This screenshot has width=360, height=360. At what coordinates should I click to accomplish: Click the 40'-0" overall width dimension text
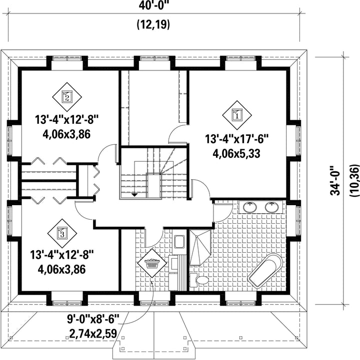pos(154,5)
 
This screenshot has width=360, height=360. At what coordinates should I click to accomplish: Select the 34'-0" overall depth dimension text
pos(335,180)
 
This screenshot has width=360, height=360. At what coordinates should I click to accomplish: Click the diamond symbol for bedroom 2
pos(67,97)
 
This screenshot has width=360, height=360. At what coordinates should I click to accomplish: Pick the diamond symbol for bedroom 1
pos(237,115)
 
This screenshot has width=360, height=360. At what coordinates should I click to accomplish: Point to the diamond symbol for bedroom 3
pos(62,233)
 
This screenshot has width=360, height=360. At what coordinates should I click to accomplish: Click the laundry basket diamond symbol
pos(152,263)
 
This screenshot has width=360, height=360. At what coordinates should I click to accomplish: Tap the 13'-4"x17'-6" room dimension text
pos(237,139)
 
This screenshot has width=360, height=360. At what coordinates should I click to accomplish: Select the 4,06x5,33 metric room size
pos(236,153)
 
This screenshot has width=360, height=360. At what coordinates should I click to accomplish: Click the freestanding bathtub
pos(264,270)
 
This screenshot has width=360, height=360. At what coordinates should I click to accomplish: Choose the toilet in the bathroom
pos(199,280)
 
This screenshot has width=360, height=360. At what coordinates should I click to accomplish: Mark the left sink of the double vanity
pos(250,207)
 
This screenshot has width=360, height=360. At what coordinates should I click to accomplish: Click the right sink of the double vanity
pos(271,207)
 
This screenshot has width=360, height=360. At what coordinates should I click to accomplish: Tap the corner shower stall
pos(200,248)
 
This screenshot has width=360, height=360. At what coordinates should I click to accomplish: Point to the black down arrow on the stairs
pos(134,195)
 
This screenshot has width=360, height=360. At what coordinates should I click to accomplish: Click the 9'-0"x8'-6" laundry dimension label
pos(93,319)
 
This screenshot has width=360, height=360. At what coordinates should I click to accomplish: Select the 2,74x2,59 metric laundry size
pos(93,334)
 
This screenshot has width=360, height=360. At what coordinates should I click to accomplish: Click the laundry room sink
pos(179,242)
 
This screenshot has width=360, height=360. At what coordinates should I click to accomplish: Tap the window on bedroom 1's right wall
pos(298,140)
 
